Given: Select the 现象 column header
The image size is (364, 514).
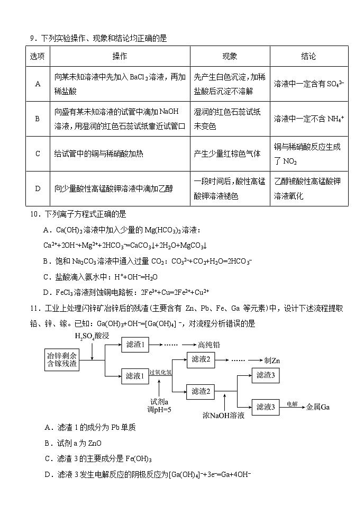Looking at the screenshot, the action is click(230, 56).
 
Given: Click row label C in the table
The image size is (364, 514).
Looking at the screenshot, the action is click(38, 154).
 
